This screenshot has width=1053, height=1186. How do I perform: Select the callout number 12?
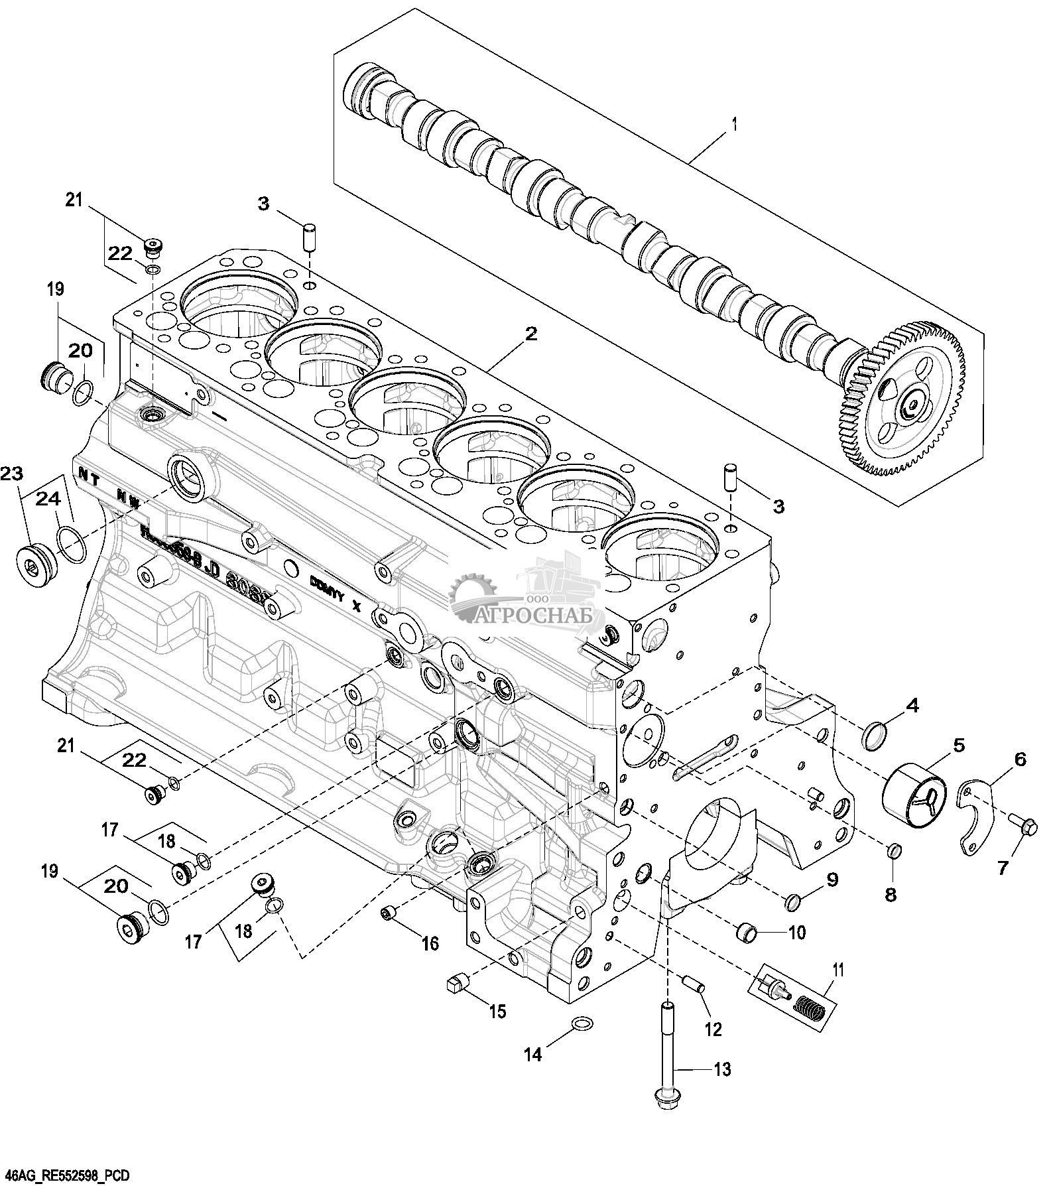(713, 1029)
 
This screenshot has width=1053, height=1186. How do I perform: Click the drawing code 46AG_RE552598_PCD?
(65, 1175)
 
